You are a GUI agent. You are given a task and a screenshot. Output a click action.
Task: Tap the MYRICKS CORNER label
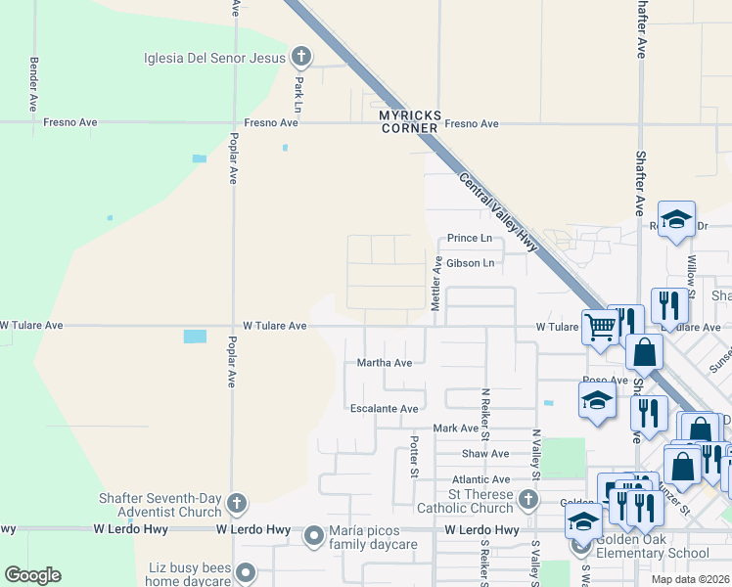pyautogui.click(x=409, y=121)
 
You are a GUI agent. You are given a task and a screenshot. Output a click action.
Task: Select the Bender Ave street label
pyautogui.click(x=33, y=82)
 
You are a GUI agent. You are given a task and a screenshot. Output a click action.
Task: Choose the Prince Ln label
pyautogui.click(x=469, y=238)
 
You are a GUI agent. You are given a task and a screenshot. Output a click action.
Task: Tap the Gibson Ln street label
pyautogui.click(x=470, y=263)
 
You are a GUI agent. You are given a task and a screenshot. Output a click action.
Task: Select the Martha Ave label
pyautogui.click(x=385, y=363)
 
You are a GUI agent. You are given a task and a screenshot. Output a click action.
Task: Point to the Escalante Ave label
pyautogui.click(x=385, y=409)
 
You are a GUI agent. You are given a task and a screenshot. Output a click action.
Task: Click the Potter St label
pyautogui.click(x=414, y=457)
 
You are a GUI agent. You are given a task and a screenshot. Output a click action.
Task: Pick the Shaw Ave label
pyautogui.click(x=486, y=454)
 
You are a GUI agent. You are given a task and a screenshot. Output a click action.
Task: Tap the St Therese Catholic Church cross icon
pyautogui.click(x=528, y=501)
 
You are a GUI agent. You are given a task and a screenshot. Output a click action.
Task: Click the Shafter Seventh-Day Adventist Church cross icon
pyautogui.click(x=235, y=503)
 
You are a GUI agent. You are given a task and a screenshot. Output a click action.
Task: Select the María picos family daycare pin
pyautogui.click(x=314, y=535)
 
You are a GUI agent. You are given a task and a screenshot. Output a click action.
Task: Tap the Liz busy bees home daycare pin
pyautogui.click(x=246, y=571)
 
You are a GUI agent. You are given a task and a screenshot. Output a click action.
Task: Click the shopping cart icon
pyautogui.click(x=599, y=328)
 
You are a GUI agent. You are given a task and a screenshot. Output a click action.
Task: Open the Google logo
pyautogui.click(x=32, y=575)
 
